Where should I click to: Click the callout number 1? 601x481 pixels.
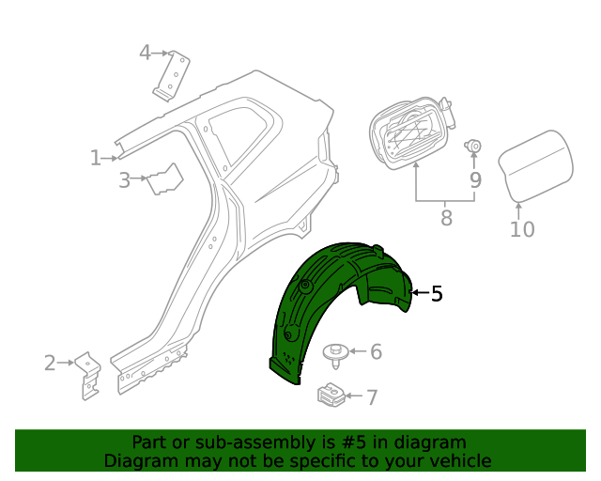(x=96, y=158)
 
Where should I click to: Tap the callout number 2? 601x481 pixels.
(x=50, y=363)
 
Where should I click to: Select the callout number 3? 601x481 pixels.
(x=124, y=179)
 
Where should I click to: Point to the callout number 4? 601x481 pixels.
(x=145, y=53)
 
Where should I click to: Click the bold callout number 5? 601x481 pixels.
(x=437, y=293)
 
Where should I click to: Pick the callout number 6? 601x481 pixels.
(x=376, y=351)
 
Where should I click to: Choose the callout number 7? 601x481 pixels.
(x=372, y=397)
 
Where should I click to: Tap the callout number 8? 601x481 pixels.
(x=447, y=217)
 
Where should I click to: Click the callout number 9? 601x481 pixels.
(x=476, y=179)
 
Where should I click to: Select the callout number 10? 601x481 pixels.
(x=522, y=229)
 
